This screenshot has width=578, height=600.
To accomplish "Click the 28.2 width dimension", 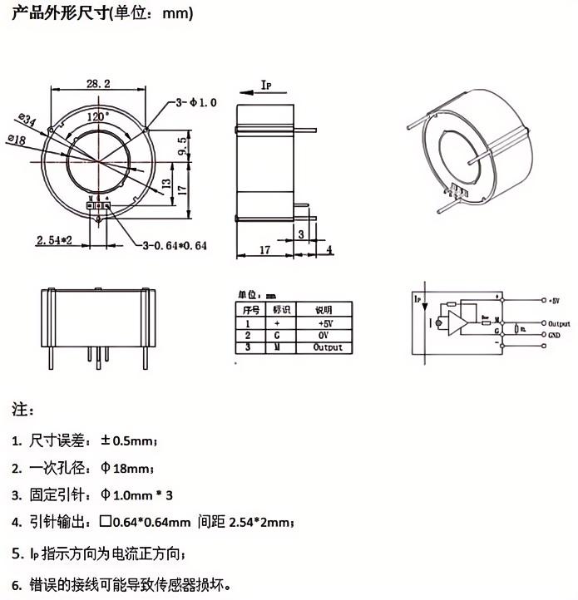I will click(98, 82).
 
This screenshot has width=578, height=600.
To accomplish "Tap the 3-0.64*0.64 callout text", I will click(174, 245).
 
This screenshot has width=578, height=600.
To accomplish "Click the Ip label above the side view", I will click(266, 86).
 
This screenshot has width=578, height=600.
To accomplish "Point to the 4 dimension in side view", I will click(329, 248).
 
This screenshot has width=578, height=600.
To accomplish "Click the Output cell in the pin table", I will click(327, 348).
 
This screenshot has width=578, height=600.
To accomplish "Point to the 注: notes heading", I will click(22, 411).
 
